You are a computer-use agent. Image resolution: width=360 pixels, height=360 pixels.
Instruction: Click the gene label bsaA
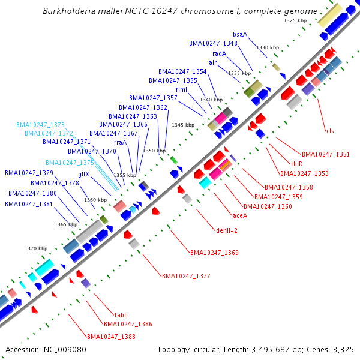pos(240,34)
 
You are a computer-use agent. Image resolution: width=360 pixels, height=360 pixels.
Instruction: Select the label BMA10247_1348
pos(213,43)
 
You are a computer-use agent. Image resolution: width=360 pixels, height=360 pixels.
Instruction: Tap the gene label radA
pos(219,53)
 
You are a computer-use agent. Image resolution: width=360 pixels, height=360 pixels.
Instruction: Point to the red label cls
pos(330,131)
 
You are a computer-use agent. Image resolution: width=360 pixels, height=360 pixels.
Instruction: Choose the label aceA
pos(239,215)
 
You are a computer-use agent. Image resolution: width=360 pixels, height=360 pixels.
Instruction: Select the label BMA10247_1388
pos(111,337)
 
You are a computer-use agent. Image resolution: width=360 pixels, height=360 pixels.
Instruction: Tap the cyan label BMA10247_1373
pos(40,125)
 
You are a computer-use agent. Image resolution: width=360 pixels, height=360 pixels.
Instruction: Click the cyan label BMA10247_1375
pos(70,163)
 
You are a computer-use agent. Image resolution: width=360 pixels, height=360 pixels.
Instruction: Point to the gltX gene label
pos(83,174)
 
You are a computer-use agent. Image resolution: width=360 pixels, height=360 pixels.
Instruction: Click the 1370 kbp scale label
pos(35,248)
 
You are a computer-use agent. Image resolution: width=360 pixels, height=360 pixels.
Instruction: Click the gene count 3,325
pos(341,349)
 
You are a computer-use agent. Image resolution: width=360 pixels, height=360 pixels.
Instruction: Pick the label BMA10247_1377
pos(186,276)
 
